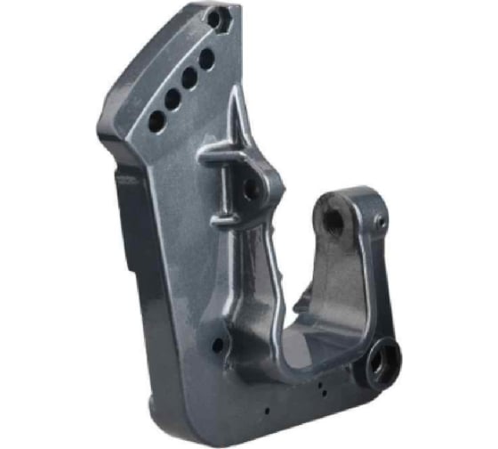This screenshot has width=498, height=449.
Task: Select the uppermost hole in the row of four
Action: pos(206,60)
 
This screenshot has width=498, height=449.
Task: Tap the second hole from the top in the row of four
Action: pos(189,78)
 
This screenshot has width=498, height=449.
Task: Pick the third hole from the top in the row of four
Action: pos(172,99)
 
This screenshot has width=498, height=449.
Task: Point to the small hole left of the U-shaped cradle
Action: pos(217,345)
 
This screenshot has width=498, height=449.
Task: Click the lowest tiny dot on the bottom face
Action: pos(268,411)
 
